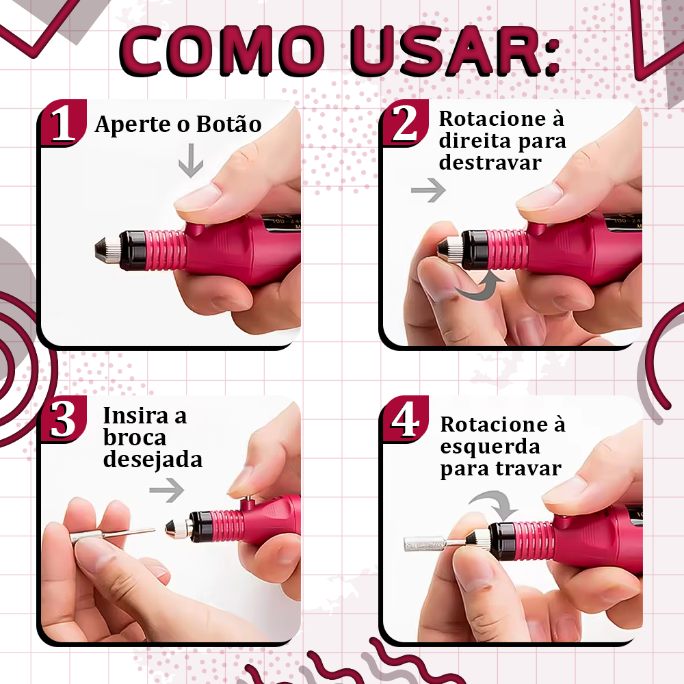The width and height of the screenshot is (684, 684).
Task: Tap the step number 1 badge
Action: pos(63,123)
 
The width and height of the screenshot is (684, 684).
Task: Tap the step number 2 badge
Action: pos(405,123)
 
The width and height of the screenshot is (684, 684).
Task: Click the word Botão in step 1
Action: pos(228,124)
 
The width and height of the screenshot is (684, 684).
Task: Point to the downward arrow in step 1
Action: pos(191,161)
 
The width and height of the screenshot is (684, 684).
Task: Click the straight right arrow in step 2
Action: pos(428,190)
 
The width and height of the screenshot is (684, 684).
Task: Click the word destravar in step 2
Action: pos(490,163)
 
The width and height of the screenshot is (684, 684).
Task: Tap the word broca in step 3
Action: pos(135,438)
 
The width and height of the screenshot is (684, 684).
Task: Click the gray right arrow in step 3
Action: pos(167,490)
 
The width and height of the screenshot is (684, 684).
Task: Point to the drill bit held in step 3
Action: pos(113,534)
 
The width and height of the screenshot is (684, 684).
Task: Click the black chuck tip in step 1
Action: pos(102,250)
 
